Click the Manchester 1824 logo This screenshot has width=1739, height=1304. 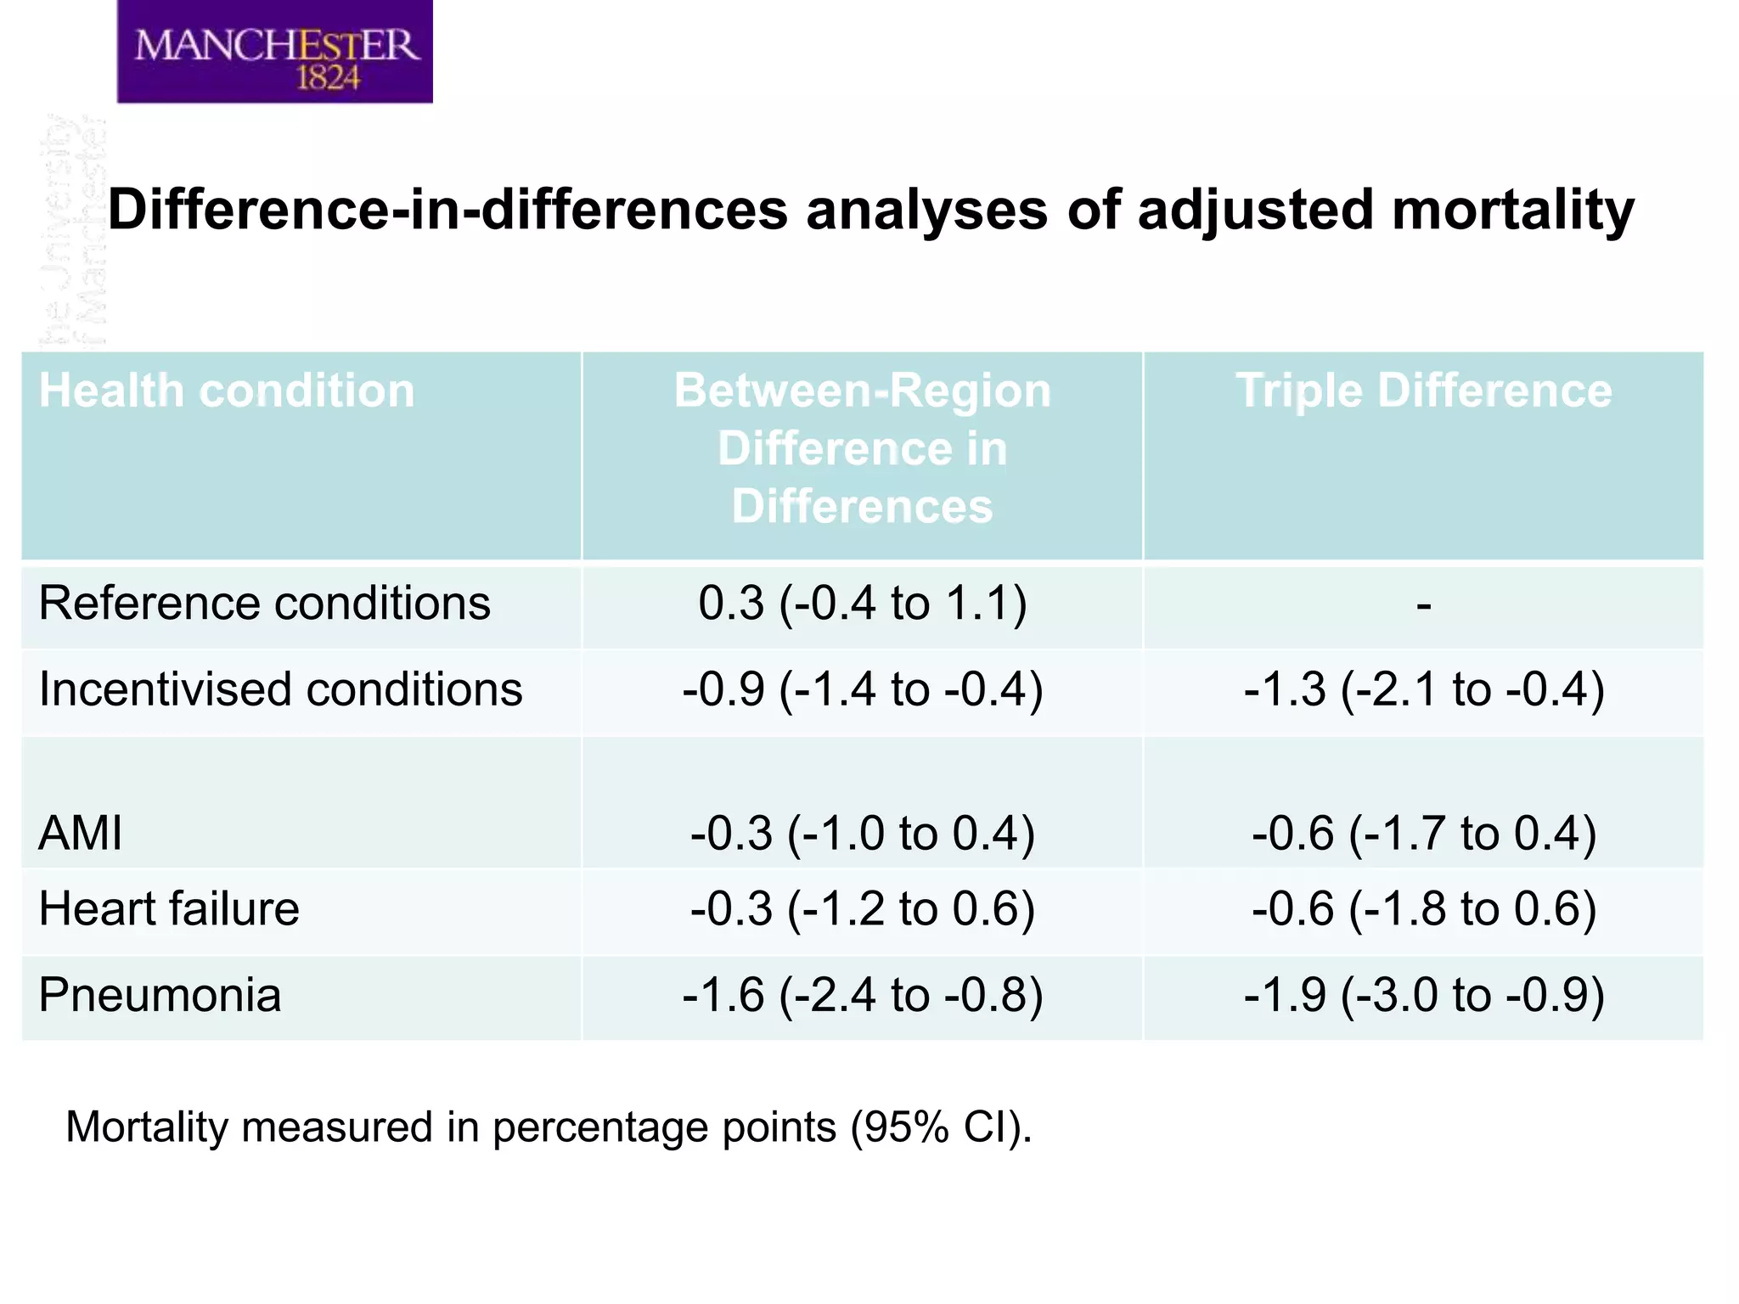click(x=274, y=53)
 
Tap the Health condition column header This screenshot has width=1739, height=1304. click(x=227, y=391)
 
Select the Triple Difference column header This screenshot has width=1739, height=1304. click(x=1423, y=391)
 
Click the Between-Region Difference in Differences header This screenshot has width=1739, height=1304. click(x=862, y=448)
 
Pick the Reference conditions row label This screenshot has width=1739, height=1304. click(x=264, y=604)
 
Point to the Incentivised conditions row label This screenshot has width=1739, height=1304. click(x=280, y=689)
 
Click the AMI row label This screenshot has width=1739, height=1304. click(x=81, y=833)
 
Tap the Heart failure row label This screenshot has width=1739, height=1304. click(x=169, y=908)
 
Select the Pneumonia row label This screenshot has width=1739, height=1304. click(x=160, y=995)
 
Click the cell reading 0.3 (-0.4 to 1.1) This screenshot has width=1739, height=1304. click(x=862, y=604)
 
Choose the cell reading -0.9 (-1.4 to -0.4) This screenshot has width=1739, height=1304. click(x=862, y=689)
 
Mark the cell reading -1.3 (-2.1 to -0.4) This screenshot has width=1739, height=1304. click(x=1424, y=689)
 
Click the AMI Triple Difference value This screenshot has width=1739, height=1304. click(x=1424, y=833)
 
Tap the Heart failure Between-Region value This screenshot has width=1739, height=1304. click(x=862, y=908)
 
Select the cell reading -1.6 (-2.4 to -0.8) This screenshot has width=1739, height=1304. click(x=862, y=995)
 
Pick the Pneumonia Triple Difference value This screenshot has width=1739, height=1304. click(x=1424, y=995)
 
